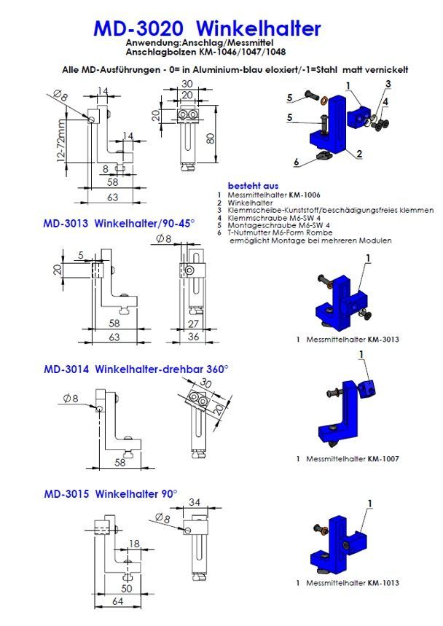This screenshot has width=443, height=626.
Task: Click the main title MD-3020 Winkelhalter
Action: coord(207,28)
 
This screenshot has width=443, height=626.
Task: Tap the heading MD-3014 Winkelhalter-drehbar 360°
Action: coord(136,369)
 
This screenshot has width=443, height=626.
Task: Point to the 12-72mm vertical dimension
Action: coord(63,144)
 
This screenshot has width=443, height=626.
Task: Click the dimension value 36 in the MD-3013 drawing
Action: coord(193,337)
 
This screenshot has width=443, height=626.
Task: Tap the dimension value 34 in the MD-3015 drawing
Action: coord(194,501)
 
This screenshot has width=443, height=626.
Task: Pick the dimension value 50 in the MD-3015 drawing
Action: coord(126,587)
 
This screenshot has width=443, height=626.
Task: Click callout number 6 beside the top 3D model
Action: coord(297,161)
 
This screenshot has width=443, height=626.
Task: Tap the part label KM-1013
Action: coord(383,583)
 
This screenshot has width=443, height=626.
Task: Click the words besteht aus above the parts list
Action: coord(253,186)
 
